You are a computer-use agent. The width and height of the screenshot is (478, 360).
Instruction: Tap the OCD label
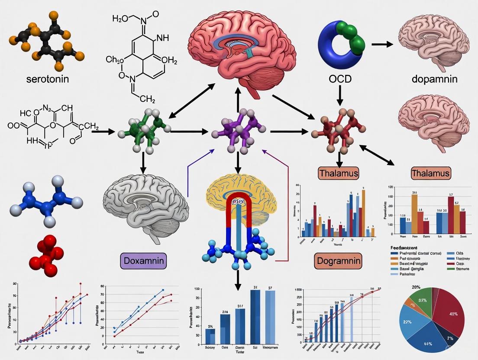point(340,79)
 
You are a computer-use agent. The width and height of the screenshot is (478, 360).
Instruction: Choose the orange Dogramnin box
point(338,261)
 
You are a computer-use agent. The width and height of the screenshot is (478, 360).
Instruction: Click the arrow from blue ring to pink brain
point(381,44)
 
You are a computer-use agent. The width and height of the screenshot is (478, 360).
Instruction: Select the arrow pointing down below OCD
point(340,95)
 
